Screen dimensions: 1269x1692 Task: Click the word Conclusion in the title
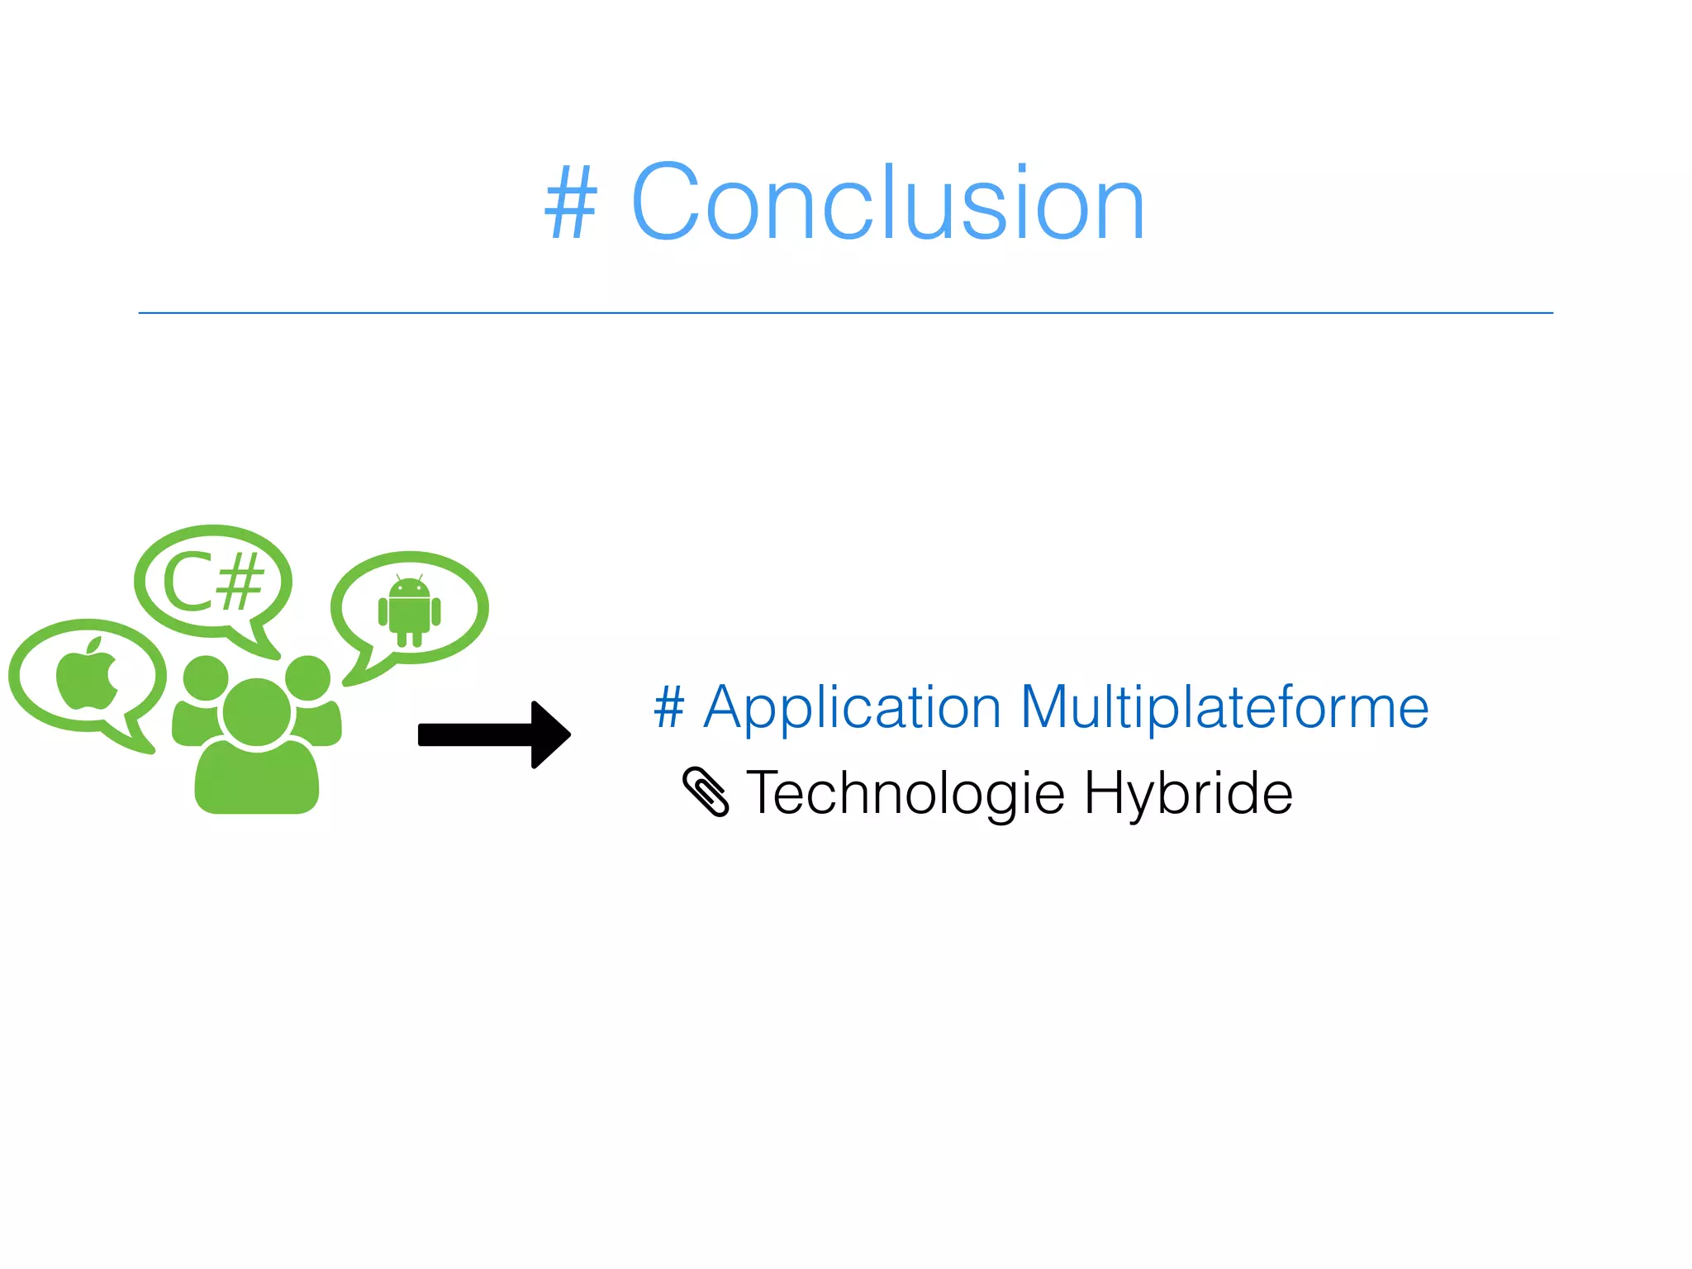click(x=888, y=203)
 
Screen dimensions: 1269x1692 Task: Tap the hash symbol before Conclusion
click(x=570, y=203)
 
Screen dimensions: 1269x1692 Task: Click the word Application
click(x=852, y=709)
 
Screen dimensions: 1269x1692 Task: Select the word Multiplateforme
click(x=1224, y=709)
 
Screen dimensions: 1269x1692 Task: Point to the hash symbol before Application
click(x=669, y=709)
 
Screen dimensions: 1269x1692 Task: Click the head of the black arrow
click(x=550, y=734)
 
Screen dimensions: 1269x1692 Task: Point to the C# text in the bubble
click(x=213, y=583)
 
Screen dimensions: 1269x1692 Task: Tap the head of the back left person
click(x=205, y=677)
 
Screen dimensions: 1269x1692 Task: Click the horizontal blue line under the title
click(x=846, y=313)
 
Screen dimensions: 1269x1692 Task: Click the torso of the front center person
click(x=257, y=781)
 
